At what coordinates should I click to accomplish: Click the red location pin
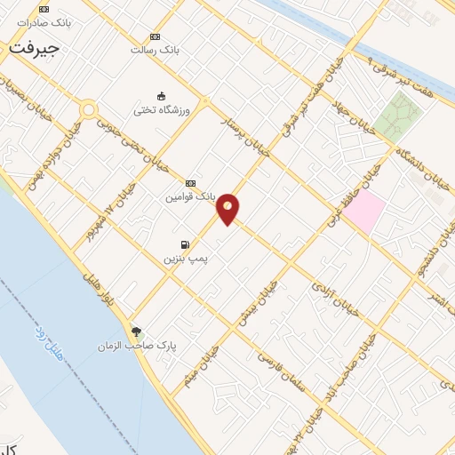[x=228, y=208]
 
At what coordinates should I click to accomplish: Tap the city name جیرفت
[x=35, y=49]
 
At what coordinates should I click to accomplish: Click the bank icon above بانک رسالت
[x=156, y=36]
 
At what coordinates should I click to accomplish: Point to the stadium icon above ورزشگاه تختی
[x=162, y=95]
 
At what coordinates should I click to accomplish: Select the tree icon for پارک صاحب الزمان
[x=136, y=331]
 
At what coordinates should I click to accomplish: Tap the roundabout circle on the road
[x=88, y=110]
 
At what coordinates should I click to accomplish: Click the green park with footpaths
[x=397, y=117]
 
